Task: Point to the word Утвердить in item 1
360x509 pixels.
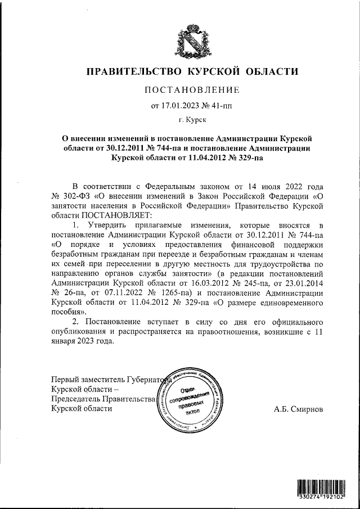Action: point(107,224)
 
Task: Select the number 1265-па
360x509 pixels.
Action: point(146,294)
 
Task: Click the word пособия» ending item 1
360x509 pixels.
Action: point(69,313)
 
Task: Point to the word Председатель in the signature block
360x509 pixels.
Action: point(75,399)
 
